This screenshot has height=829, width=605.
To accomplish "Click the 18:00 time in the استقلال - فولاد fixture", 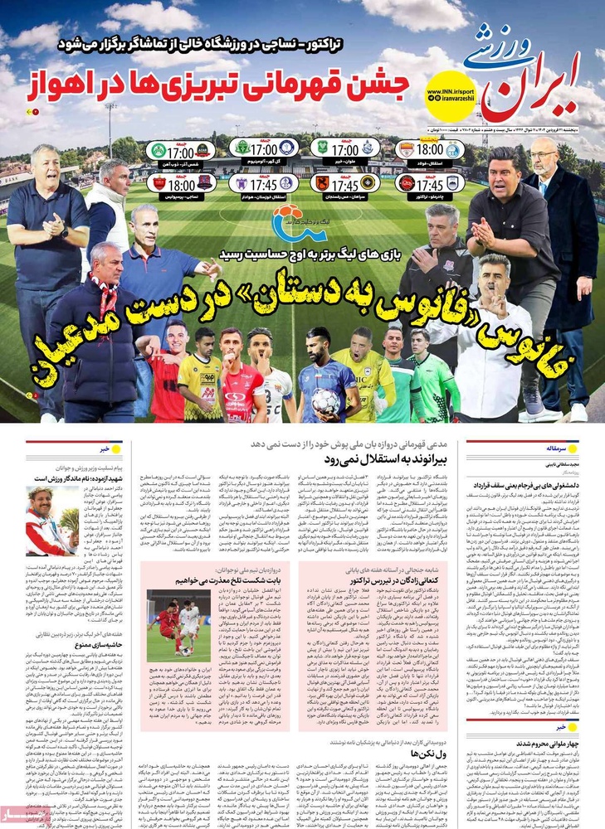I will [429, 150].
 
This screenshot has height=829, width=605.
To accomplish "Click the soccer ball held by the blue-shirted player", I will [326, 400].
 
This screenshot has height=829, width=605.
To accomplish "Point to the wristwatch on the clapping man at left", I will [64, 233].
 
